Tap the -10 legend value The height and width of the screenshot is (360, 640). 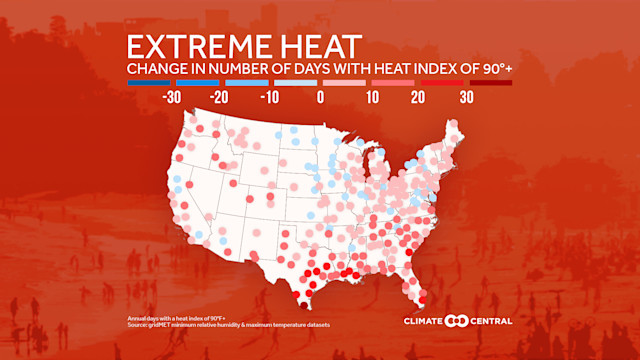(x=270, y=98)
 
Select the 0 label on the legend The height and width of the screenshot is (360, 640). (x=321, y=98)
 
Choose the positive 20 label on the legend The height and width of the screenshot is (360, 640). (x=418, y=98)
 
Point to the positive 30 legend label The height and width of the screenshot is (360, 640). (x=466, y=98)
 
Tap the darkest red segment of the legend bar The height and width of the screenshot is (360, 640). (x=490, y=83)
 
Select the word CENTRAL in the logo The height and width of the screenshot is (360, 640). (x=490, y=321)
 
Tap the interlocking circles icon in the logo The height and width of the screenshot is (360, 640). (x=456, y=321)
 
